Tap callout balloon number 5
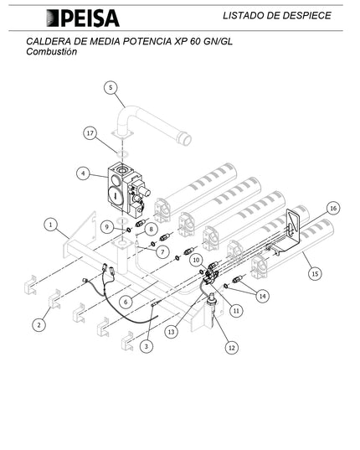(111, 87)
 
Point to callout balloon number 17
(90, 132)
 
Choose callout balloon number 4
(82, 173)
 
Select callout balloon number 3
(147, 345)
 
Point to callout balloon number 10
(196, 261)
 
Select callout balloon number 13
(172, 333)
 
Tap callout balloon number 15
(315, 272)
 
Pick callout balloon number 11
(237, 310)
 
